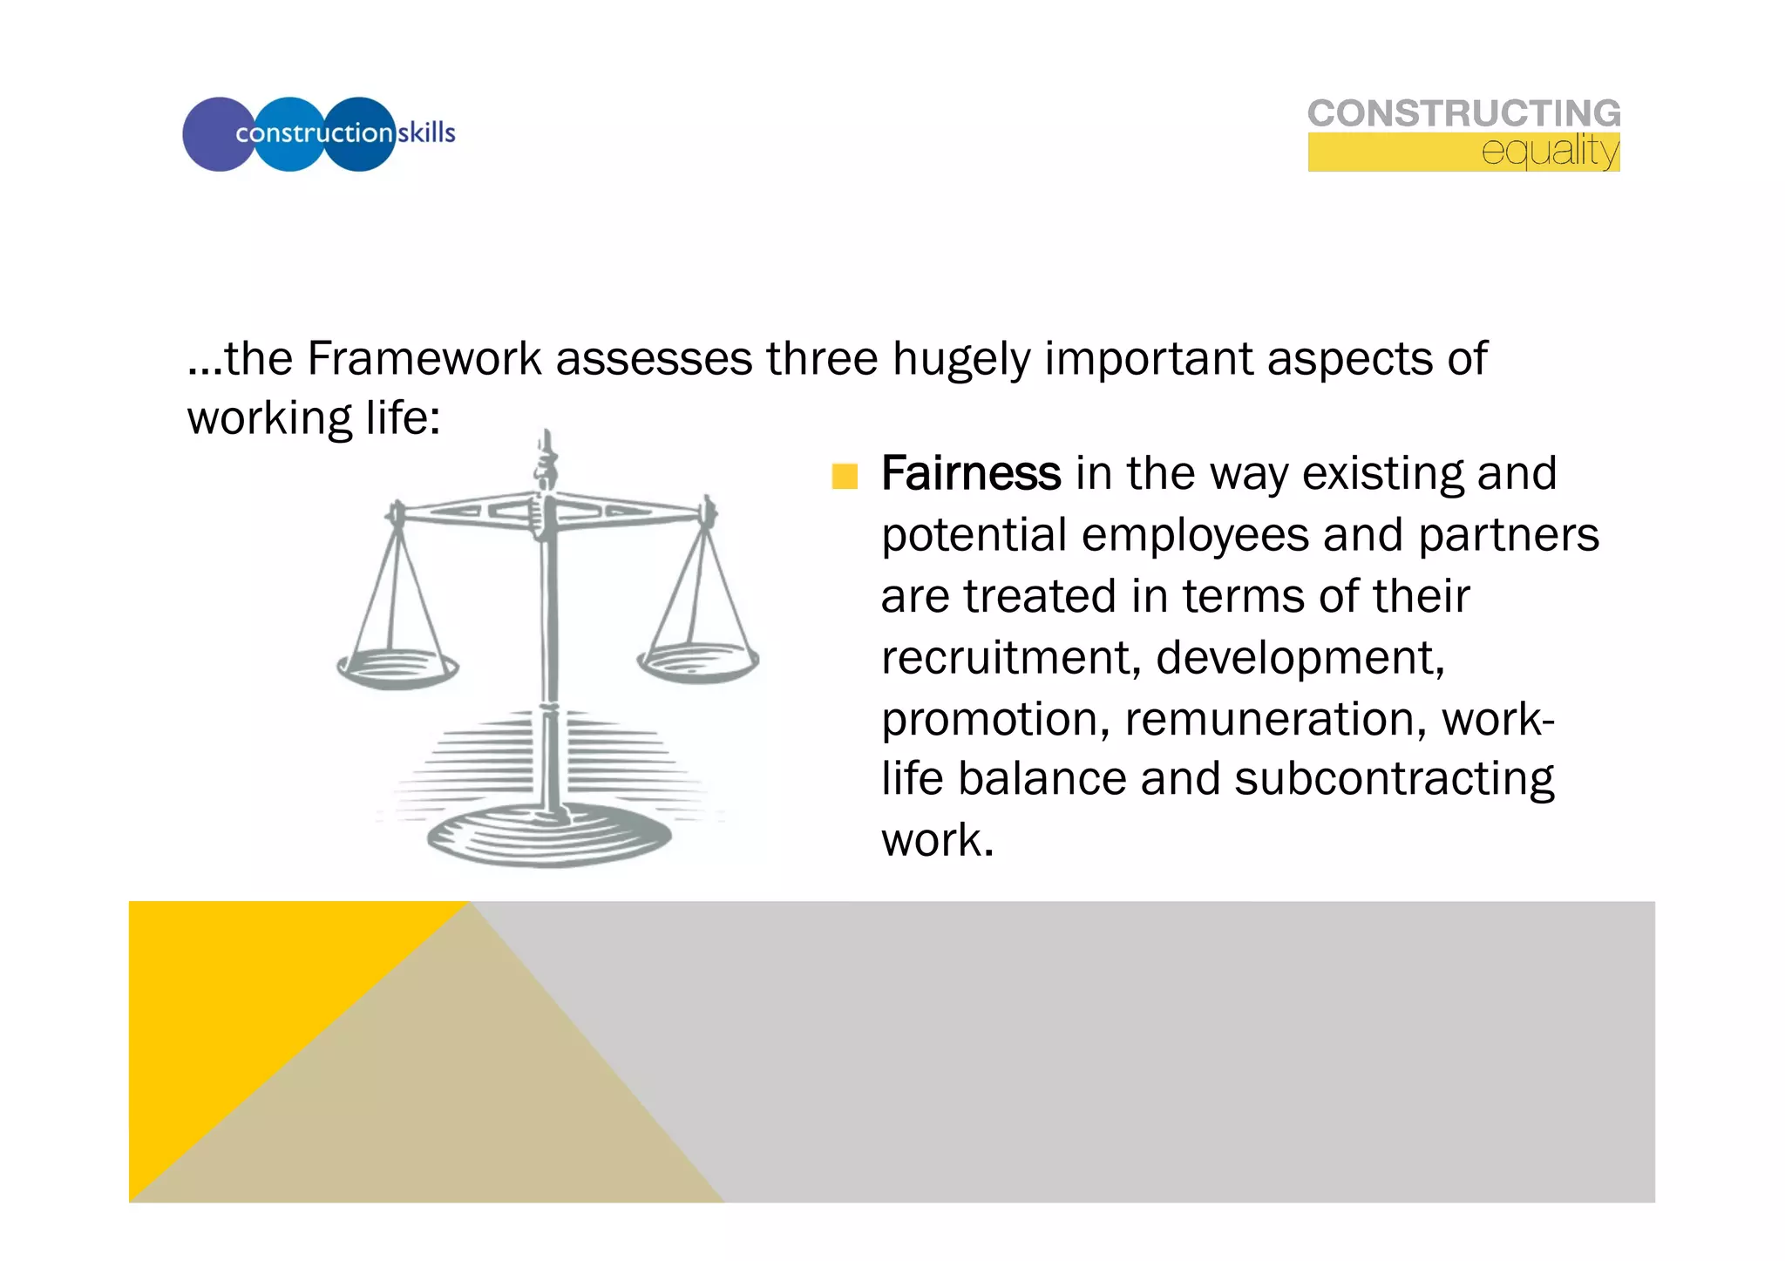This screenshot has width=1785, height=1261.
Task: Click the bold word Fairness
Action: pyautogui.click(x=970, y=474)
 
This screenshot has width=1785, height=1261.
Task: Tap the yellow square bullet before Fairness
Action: pyautogui.click(x=845, y=477)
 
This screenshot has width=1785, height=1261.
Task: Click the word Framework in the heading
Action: pyautogui.click(x=424, y=359)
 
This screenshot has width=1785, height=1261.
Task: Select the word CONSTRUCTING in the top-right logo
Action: pyautogui.click(x=1463, y=114)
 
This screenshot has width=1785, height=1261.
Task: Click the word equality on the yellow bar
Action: pyautogui.click(x=1550, y=152)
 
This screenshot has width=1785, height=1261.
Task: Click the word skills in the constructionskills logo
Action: pyautogui.click(x=426, y=133)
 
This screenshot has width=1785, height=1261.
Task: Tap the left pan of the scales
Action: pyautogui.click(x=397, y=668)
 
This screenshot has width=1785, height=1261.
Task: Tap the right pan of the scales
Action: pyautogui.click(x=698, y=662)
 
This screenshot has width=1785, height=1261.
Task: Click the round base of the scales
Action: pyautogui.click(x=549, y=837)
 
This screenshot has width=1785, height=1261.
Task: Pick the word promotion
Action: pyautogui.click(x=994, y=720)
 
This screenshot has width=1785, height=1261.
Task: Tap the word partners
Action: pyautogui.click(x=1508, y=535)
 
